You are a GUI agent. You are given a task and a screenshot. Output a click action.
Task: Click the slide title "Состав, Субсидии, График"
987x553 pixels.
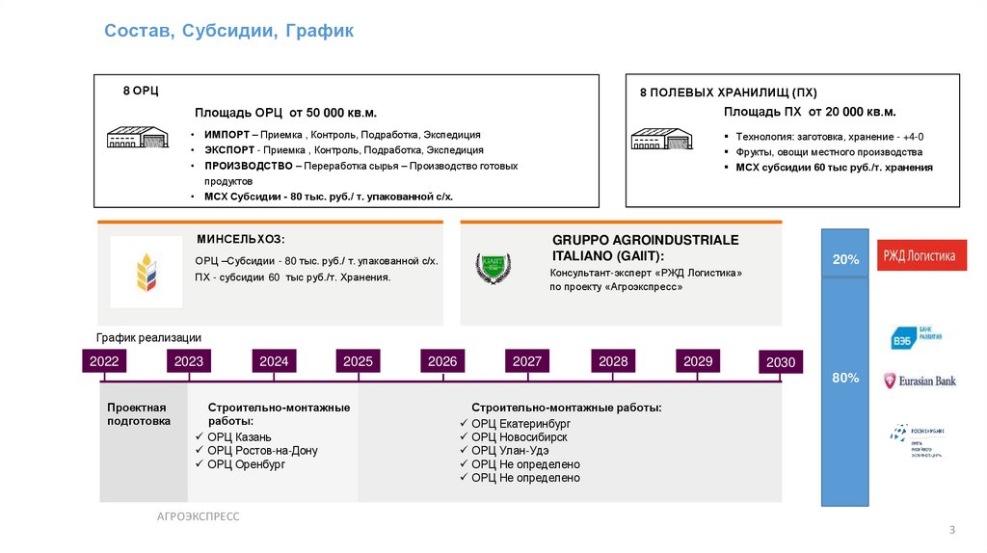pyautogui.click(x=229, y=32)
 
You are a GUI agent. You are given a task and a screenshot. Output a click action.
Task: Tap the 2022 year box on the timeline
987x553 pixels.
pyautogui.click(x=104, y=361)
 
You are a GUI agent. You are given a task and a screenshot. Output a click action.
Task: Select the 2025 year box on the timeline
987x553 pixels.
pyautogui.click(x=358, y=361)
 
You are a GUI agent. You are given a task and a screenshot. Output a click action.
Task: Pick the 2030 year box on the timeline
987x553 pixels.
pyautogui.click(x=781, y=362)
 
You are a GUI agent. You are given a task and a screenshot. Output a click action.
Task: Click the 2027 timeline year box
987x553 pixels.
pyautogui.click(x=527, y=361)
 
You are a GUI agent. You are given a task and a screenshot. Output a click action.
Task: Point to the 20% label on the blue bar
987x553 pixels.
pyautogui.click(x=845, y=260)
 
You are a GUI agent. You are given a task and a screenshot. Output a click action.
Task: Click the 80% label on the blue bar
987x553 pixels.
pyautogui.click(x=845, y=378)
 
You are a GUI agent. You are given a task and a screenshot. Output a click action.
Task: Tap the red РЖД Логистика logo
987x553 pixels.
pyautogui.click(x=921, y=256)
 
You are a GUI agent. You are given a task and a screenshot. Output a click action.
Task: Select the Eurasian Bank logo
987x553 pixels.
pyautogui.click(x=920, y=381)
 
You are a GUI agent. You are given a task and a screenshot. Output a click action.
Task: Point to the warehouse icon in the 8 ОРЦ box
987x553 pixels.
pyautogui.click(x=138, y=138)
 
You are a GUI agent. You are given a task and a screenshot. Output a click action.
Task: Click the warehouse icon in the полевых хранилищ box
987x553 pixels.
pyautogui.click(x=660, y=139)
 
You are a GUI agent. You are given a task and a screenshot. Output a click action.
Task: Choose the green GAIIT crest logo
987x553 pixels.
pyautogui.click(x=493, y=269)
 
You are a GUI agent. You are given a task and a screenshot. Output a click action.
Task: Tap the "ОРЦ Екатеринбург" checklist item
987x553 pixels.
pyautogui.click(x=520, y=424)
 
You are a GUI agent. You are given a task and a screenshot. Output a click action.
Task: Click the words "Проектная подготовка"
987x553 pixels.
pyautogui.click(x=138, y=414)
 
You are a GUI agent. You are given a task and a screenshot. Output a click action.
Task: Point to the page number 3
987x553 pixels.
pyautogui.click(x=952, y=531)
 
